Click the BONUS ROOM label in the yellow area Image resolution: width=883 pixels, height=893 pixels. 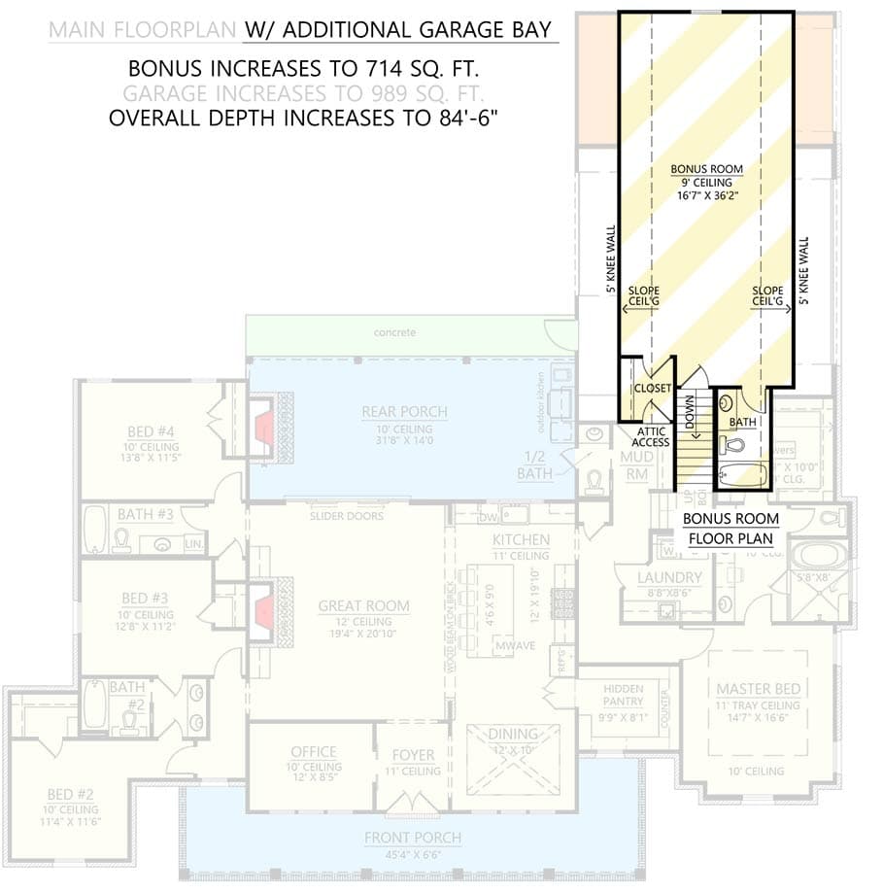[706, 169]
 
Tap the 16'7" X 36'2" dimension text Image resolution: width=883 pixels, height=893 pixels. [706, 194]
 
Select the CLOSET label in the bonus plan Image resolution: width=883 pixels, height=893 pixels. [652, 388]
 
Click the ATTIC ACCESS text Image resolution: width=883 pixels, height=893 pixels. [652, 436]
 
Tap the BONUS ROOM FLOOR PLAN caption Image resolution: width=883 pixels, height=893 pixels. [729, 529]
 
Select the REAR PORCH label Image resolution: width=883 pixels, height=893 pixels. [404, 412]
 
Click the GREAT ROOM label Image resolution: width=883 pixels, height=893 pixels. [363, 606]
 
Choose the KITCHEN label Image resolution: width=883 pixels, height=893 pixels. [521, 540]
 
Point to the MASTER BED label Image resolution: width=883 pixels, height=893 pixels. [758, 689]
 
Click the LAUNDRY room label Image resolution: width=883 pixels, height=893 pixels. [663, 577]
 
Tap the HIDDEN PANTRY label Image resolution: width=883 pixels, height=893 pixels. [623, 695]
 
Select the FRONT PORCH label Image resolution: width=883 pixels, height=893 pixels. [412, 838]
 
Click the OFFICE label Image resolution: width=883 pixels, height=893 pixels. [313, 752]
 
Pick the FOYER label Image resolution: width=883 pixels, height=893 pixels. [413, 755]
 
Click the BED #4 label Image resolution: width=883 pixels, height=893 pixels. [151, 431]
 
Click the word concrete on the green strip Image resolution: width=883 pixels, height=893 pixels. [395, 332]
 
